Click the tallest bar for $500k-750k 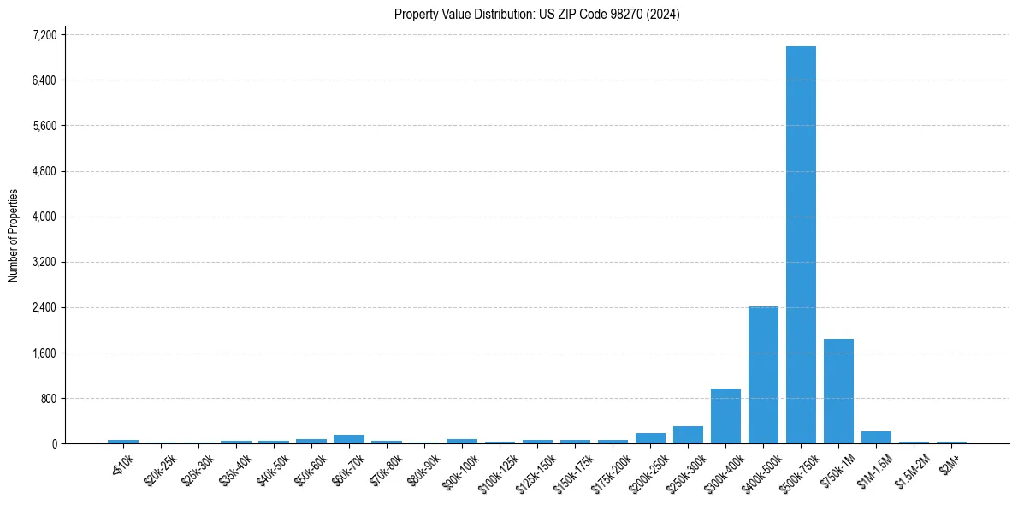point(801,245)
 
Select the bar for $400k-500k point(763,375)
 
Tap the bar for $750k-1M point(838,391)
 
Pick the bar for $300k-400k point(725,416)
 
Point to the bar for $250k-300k point(688,435)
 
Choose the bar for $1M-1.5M point(876,437)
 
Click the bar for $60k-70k point(349,439)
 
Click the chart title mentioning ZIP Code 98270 point(537,15)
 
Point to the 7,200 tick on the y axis point(44,35)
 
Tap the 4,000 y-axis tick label point(44,217)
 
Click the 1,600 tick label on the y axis point(44,353)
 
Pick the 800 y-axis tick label point(48,398)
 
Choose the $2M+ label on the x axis point(950,462)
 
